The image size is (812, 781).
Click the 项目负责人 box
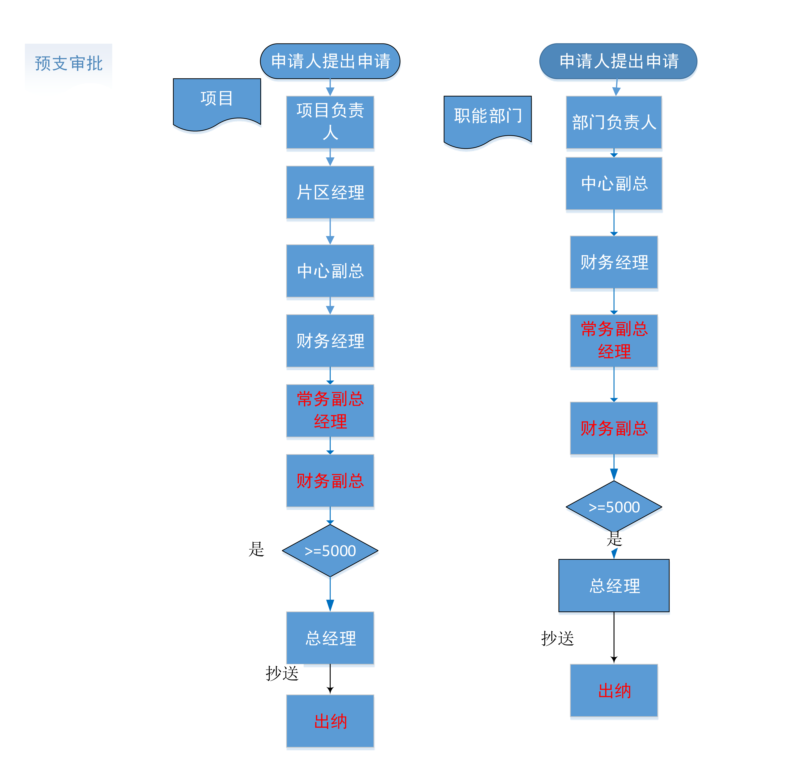pos(330,122)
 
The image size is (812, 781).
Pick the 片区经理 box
pos(330,192)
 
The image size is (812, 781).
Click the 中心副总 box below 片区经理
pos(330,271)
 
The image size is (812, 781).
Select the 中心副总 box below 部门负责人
pos(614,183)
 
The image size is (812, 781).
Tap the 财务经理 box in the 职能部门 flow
pos(614,262)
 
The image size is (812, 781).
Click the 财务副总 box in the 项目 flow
pos(330,480)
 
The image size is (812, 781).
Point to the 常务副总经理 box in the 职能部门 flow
pos(614,340)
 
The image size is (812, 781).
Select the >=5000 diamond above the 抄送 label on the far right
pos(614,507)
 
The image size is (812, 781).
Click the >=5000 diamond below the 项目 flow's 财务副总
pos(330,551)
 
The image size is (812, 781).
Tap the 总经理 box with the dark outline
pos(614,585)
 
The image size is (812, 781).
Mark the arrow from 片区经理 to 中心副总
pos(330,231)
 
